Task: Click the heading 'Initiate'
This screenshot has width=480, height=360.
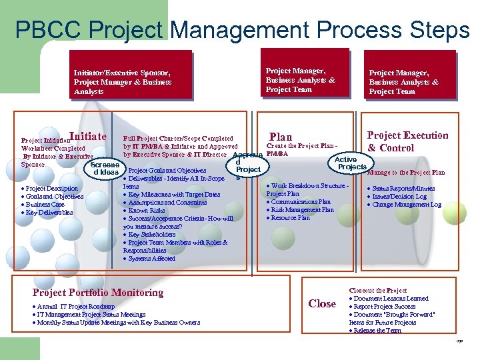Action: (93, 137)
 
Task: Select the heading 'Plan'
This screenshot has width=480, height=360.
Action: (281, 137)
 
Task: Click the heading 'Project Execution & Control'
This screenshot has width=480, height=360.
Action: (408, 141)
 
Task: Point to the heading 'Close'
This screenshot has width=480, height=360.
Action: (322, 303)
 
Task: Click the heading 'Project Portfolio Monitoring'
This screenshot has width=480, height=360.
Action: (98, 293)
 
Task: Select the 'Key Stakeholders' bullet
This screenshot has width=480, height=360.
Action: (153, 235)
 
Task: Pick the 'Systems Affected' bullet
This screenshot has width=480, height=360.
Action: (152, 259)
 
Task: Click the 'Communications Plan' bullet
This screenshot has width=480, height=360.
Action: (301, 201)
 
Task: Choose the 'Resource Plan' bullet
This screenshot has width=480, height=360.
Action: (291, 217)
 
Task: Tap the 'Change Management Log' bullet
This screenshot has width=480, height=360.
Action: (407, 205)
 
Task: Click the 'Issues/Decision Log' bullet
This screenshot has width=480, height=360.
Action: (399, 197)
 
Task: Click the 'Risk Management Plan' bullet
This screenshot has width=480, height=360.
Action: (302, 209)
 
